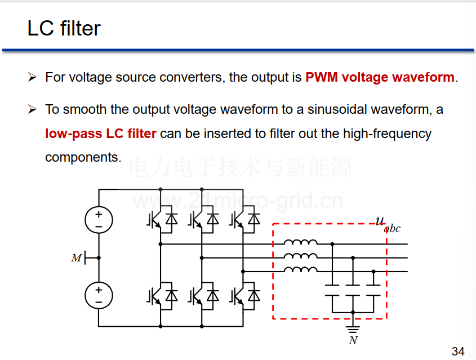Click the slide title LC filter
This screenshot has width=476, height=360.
pyautogui.click(x=64, y=28)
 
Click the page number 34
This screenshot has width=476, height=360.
pyautogui.click(x=458, y=351)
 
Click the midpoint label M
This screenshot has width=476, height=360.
pyautogui.click(x=76, y=258)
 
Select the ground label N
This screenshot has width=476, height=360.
pyautogui.click(x=353, y=341)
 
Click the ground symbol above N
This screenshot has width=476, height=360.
pyautogui.click(x=353, y=329)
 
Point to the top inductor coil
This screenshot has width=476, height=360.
pyautogui.click(x=301, y=242)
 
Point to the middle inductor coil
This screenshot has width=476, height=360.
pyautogui.click(x=301, y=256)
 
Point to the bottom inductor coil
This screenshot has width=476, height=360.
pyautogui.click(x=301, y=269)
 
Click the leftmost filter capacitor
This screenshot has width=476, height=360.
pyautogui.click(x=332, y=290)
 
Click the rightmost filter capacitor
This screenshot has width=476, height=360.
pyautogui.click(x=373, y=290)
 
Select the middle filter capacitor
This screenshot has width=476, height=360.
pyautogui.click(x=353, y=290)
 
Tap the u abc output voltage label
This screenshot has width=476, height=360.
pyautogui.click(x=388, y=225)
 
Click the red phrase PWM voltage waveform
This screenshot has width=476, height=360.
pyautogui.click(x=380, y=77)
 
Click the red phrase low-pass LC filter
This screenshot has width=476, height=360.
pyautogui.click(x=101, y=134)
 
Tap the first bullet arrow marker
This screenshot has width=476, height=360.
pyautogui.click(x=32, y=77)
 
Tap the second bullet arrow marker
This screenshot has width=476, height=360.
pyautogui.click(x=32, y=109)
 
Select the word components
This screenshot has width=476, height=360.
pyautogui.click(x=83, y=158)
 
